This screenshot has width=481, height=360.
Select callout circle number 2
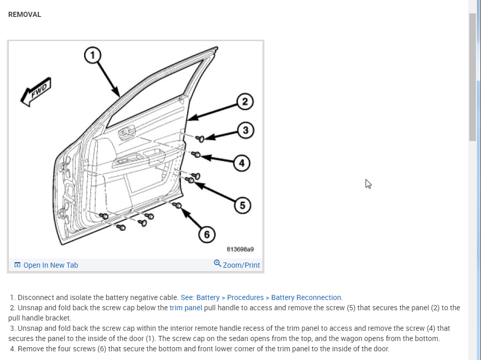[245, 102]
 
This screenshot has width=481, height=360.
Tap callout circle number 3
[246, 130]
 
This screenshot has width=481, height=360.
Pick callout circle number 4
[242, 164]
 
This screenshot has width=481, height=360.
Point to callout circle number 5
[243, 205]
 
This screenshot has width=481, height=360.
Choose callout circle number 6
[207, 234]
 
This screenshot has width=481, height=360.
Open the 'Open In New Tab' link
[50, 265]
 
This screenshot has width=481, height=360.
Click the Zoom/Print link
[241, 265]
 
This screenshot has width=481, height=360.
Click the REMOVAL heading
[25, 14]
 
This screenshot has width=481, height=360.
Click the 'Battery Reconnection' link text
[306, 297]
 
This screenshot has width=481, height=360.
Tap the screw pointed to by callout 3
[201, 138]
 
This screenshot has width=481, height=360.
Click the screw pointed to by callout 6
[178, 206]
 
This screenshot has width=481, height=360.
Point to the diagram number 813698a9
[240, 250]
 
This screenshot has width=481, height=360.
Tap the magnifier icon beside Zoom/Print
[217, 264]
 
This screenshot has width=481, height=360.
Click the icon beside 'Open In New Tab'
[17, 265]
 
